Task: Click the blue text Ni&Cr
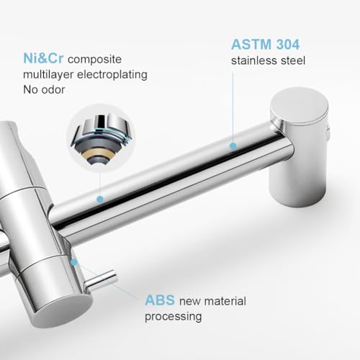[43, 58]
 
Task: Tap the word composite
[94, 60]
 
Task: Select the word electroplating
[112, 75]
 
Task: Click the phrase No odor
[44, 90]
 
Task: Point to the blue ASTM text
[251, 45]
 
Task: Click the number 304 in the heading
[288, 45]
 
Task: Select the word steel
[293, 60]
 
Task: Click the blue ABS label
[160, 300]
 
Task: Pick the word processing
[173, 317]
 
